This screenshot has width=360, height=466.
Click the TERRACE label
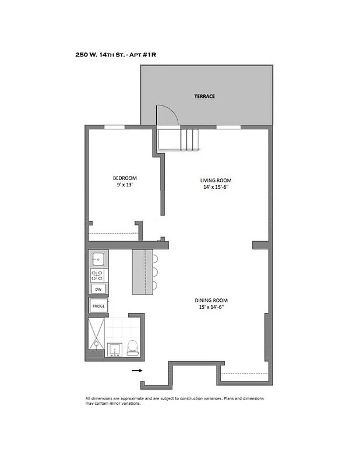[x=205, y=96]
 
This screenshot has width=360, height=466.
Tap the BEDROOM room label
[x=125, y=178]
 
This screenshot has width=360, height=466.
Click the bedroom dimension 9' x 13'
[x=125, y=185]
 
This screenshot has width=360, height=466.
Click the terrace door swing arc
[x=167, y=114]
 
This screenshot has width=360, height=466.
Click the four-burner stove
[x=98, y=274]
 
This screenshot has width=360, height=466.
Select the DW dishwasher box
[x=98, y=290]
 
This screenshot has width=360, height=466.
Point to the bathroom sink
[x=114, y=348]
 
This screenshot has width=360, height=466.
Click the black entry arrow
[x=136, y=370]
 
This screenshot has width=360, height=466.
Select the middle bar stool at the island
[x=154, y=273]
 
